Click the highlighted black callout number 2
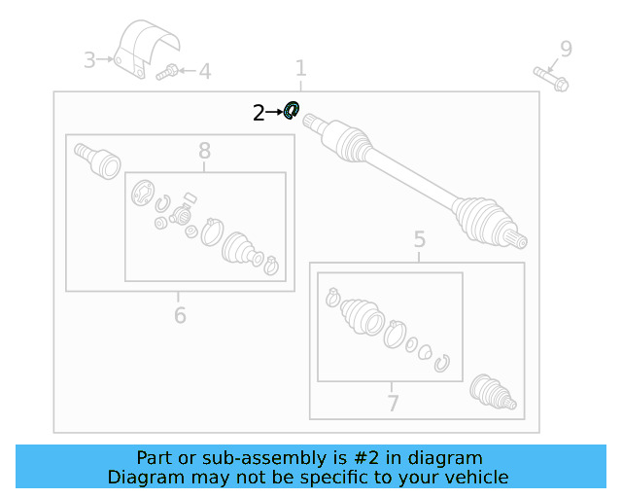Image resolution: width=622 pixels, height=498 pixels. tap(259, 113)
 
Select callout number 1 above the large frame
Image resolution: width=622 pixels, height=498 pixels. tap(301, 68)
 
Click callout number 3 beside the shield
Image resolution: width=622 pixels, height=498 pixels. tap(89, 60)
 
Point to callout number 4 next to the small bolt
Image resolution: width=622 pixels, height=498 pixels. tap(205, 71)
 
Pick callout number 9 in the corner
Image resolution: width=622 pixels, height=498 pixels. tap(566, 49)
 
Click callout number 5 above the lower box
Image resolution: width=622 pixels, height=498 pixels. tap(420, 239)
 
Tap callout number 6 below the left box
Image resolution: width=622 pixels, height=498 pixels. tap(180, 315)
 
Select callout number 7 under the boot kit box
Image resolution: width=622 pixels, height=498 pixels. tap(393, 403)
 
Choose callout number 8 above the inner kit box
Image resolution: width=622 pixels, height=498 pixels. tap(205, 151)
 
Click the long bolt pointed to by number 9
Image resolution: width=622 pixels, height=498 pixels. tap(551, 79)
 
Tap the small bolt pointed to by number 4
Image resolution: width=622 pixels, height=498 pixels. tap(167, 72)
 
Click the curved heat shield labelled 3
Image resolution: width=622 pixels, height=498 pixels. tap(146, 48)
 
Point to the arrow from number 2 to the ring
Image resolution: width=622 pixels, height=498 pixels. tap(274, 113)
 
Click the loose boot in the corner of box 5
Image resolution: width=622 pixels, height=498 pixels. tap(493, 392)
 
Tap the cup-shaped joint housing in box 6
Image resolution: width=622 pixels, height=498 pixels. tap(97, 160)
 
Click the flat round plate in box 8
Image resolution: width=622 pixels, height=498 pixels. tap(143, 193)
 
